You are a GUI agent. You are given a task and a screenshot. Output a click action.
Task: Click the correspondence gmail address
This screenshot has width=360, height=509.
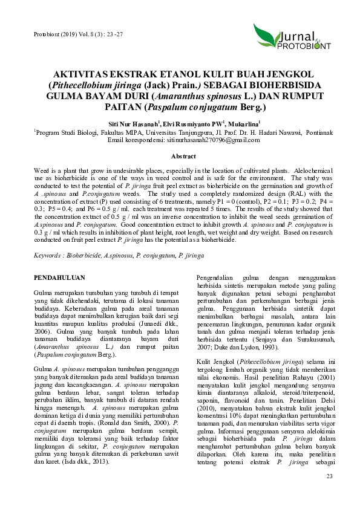click(212, 139)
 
